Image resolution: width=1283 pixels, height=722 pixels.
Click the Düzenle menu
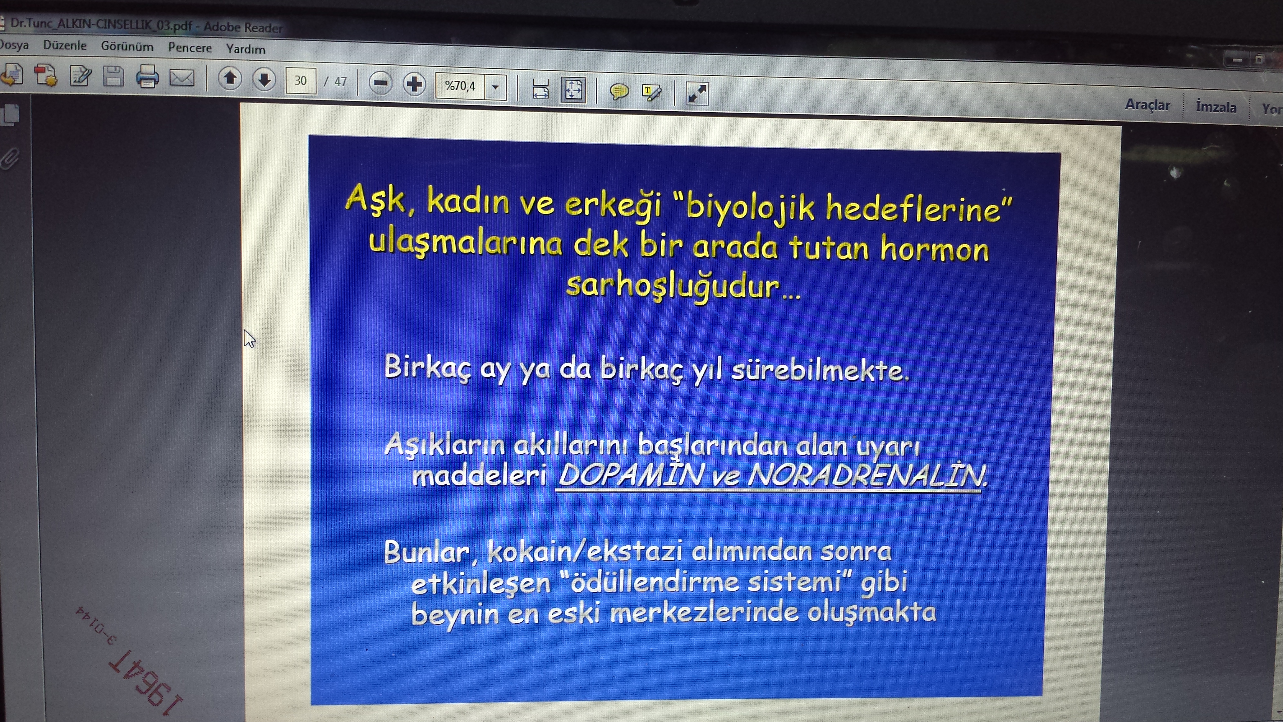(65, 45)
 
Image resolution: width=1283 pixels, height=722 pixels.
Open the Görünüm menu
(127, 47)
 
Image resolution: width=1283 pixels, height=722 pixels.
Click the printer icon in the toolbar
(147, 77)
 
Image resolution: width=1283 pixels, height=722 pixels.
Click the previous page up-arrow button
(230, 79)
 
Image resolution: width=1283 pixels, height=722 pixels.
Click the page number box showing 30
(300, 81)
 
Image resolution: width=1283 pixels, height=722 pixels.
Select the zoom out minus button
(381, 83)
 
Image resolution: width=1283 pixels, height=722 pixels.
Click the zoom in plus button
(414, 84)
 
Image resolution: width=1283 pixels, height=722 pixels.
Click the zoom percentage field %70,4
(460, 86)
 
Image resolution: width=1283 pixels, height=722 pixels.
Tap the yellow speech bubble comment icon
(619, 92)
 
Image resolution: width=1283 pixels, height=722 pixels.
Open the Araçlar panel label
(1147, 105)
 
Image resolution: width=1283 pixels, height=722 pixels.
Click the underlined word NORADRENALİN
(866, 475)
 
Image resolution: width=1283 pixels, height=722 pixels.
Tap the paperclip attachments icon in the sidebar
(10, 159)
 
